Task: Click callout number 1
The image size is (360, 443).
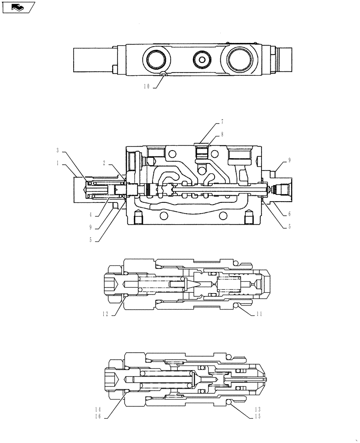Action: [58, 163]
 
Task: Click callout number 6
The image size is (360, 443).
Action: [290, 214]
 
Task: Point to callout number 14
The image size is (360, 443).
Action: [98, 410]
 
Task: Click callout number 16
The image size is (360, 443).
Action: [98, 417]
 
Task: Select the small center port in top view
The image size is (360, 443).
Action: [202, 60]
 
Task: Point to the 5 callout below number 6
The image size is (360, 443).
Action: [290, 226]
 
